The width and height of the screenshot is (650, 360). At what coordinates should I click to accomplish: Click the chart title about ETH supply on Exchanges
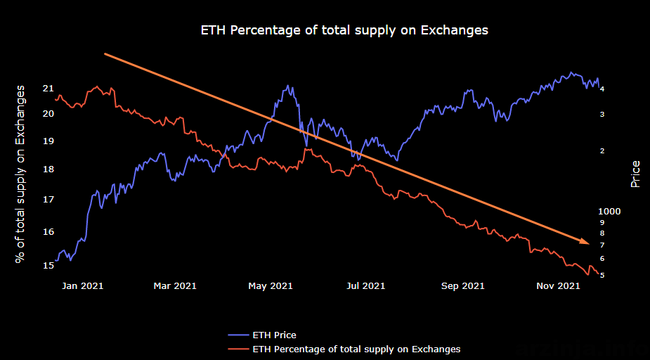tap(344, 31)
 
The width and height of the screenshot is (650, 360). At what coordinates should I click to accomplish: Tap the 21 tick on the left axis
tap(48, 89)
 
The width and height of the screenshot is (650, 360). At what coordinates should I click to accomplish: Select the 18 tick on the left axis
tap(48, 169)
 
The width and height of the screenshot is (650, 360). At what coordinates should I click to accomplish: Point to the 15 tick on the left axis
tap(48, 265)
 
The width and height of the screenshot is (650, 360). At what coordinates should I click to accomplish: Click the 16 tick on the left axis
tap(48, 231)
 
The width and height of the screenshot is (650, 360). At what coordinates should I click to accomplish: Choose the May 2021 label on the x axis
tap(271, 286)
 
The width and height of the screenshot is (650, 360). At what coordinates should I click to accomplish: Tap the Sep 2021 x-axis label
tap(462, 286)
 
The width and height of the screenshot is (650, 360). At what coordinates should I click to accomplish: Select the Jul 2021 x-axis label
tap(365, 286)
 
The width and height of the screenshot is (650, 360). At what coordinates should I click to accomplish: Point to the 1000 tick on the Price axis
tap(609, 212)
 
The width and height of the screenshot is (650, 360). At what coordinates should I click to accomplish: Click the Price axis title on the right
tap(635, 174)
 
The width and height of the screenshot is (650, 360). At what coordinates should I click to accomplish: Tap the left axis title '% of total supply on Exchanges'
tap(20, 174)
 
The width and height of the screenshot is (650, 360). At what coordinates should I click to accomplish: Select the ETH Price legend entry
tap(262, 335)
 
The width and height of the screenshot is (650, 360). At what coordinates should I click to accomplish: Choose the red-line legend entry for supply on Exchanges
tap(344, 348)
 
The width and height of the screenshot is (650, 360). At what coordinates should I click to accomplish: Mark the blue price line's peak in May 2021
tap(287, 86)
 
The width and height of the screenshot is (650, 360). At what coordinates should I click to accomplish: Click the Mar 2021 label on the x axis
tap(174, 286)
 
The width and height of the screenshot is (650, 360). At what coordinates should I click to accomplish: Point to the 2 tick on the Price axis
tap(602, 151)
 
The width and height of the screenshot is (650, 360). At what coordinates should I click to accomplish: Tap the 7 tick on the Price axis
tap(602, 245)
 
